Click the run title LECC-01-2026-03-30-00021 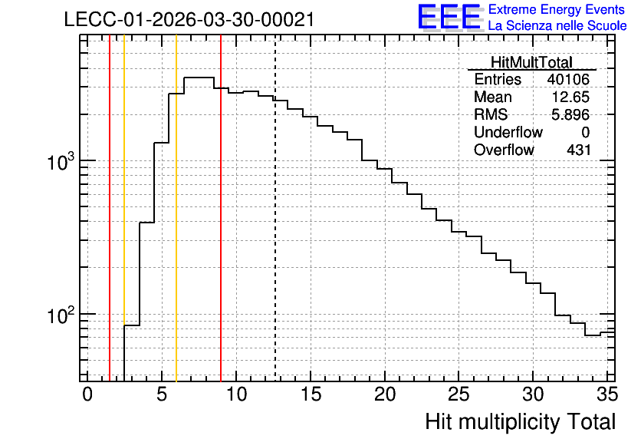[x=189, y=19]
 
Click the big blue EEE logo [x=449, y=17]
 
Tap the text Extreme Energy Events [x=557, y=9]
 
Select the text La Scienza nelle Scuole [x=557, y=25]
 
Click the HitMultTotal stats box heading [x=531, y=62]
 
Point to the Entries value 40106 [x=569, y=79]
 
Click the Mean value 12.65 [x=570, y=97]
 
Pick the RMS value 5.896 [x=570, y=114]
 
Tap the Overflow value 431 [x=578, y=150]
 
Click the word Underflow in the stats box [x=508, y=132]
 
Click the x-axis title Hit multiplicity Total [x=521, y=422]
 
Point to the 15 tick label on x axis [x=311, y=394]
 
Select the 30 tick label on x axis [x=533, y=394]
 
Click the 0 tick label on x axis [x=87, y=394]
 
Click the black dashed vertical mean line [x=275, y=208]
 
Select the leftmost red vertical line [x=110, y=208]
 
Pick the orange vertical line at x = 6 [x=176, y=208]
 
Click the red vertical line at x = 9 [x=221, y=208]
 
